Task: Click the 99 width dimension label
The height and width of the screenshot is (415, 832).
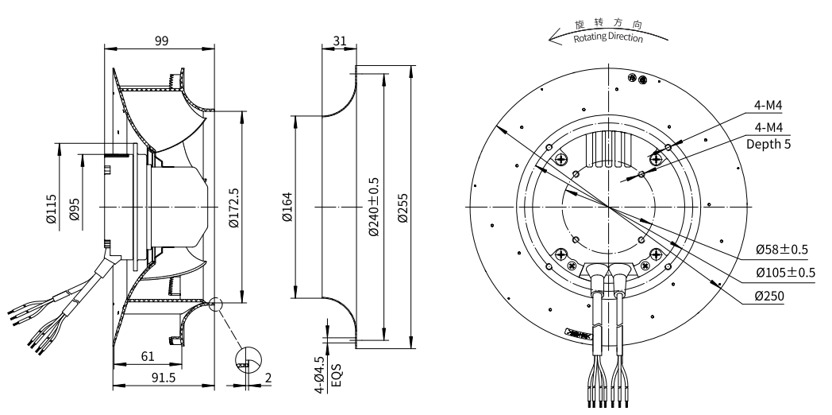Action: [161, 42]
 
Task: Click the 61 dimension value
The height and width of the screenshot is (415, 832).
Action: [148, 356]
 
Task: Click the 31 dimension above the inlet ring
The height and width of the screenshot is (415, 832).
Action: [339, 41]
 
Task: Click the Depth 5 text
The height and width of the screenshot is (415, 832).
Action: [768, 144]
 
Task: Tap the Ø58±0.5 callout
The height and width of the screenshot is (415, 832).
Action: [782, 250]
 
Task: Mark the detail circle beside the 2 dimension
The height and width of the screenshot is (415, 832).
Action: [248, 361]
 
